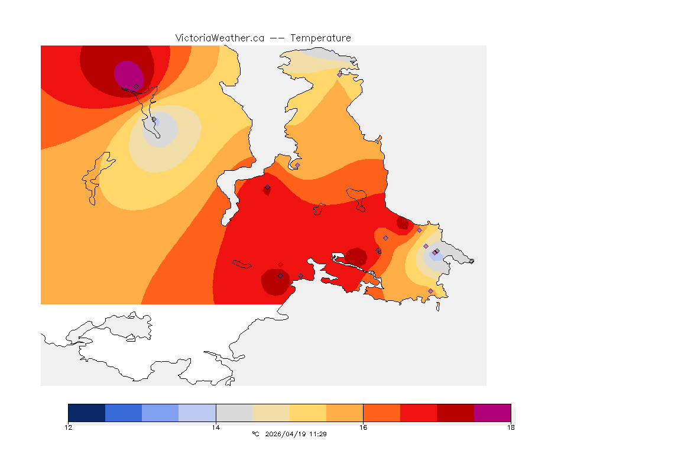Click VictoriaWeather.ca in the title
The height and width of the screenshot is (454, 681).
click(x=219, y=38)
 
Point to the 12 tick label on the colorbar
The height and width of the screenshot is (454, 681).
click(x=69, y=427)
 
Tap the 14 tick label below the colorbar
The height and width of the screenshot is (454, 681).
click(x=216, y=427)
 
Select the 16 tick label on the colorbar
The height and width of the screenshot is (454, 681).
click(x=363, y=427)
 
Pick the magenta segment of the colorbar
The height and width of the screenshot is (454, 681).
click(x=492, y=413)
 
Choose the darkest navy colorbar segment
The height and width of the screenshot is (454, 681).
click(x=87, y=413)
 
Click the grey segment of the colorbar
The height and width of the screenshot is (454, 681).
click(x=234, y=413)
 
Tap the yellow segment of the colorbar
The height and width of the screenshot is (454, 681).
click(x=308, y=413)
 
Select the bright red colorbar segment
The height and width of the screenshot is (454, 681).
click(x=419, y=413)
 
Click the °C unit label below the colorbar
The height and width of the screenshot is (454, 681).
click(x=255, y=434)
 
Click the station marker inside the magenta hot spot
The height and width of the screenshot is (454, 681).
click(x=136, y=86)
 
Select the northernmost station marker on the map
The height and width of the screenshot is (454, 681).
click(x=339, y=74)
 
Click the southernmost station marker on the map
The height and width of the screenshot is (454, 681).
click(x=430, y=291)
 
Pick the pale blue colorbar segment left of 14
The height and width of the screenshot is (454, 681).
click(x=197, y=413)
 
